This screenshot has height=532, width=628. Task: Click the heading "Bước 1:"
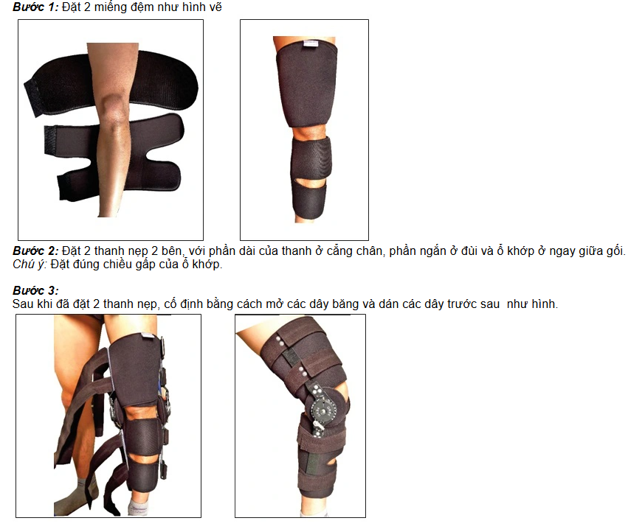(35, 7)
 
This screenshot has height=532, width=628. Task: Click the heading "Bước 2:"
(35, 251)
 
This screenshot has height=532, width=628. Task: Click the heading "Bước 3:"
(35, 290)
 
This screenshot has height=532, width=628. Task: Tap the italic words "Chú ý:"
(30, 265)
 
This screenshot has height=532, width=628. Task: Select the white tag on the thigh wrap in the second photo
(311, 43)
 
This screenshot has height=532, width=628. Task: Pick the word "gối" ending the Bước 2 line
(615, 251)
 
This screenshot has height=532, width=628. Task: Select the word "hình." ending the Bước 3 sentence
(544, 304)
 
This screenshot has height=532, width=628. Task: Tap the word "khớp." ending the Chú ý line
(207, 265)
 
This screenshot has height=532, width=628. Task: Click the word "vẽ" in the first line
(215, 7)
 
